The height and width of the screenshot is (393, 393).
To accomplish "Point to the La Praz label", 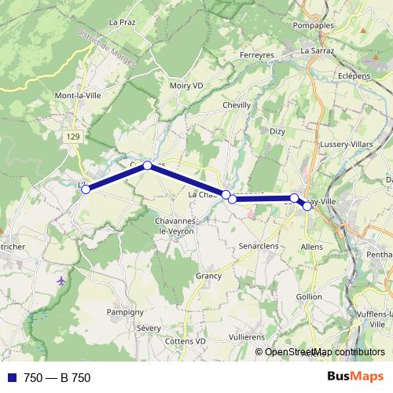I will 123,22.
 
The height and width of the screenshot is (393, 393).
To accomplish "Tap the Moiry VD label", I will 185,86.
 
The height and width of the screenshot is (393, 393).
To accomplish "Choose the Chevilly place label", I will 237,105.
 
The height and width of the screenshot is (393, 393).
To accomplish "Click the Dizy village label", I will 277,132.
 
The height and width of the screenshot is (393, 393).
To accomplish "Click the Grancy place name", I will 209,276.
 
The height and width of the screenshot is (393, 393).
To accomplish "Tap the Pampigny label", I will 124,311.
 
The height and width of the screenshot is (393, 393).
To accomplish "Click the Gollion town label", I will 310,296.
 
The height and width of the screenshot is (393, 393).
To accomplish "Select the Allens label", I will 312,246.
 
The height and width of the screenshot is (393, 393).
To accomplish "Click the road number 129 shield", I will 72,137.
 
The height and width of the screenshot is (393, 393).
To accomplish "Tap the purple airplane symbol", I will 62,280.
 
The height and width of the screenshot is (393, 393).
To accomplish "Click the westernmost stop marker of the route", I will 86,189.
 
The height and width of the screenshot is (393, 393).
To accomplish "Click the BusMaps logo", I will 354,376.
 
